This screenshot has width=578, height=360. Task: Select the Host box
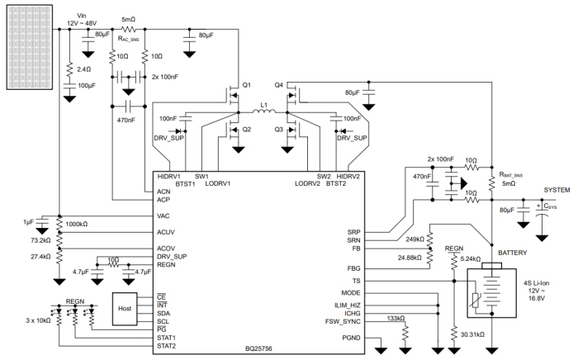(125, 308)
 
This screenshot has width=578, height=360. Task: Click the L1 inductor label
(264, 107)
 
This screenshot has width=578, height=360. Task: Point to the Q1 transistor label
(246, 85)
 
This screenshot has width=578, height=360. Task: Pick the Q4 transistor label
(278, 85)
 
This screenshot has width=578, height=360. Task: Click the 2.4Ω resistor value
(86, 69)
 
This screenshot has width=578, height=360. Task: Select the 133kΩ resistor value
(396, 318)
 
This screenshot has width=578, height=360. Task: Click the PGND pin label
(351, 339)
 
